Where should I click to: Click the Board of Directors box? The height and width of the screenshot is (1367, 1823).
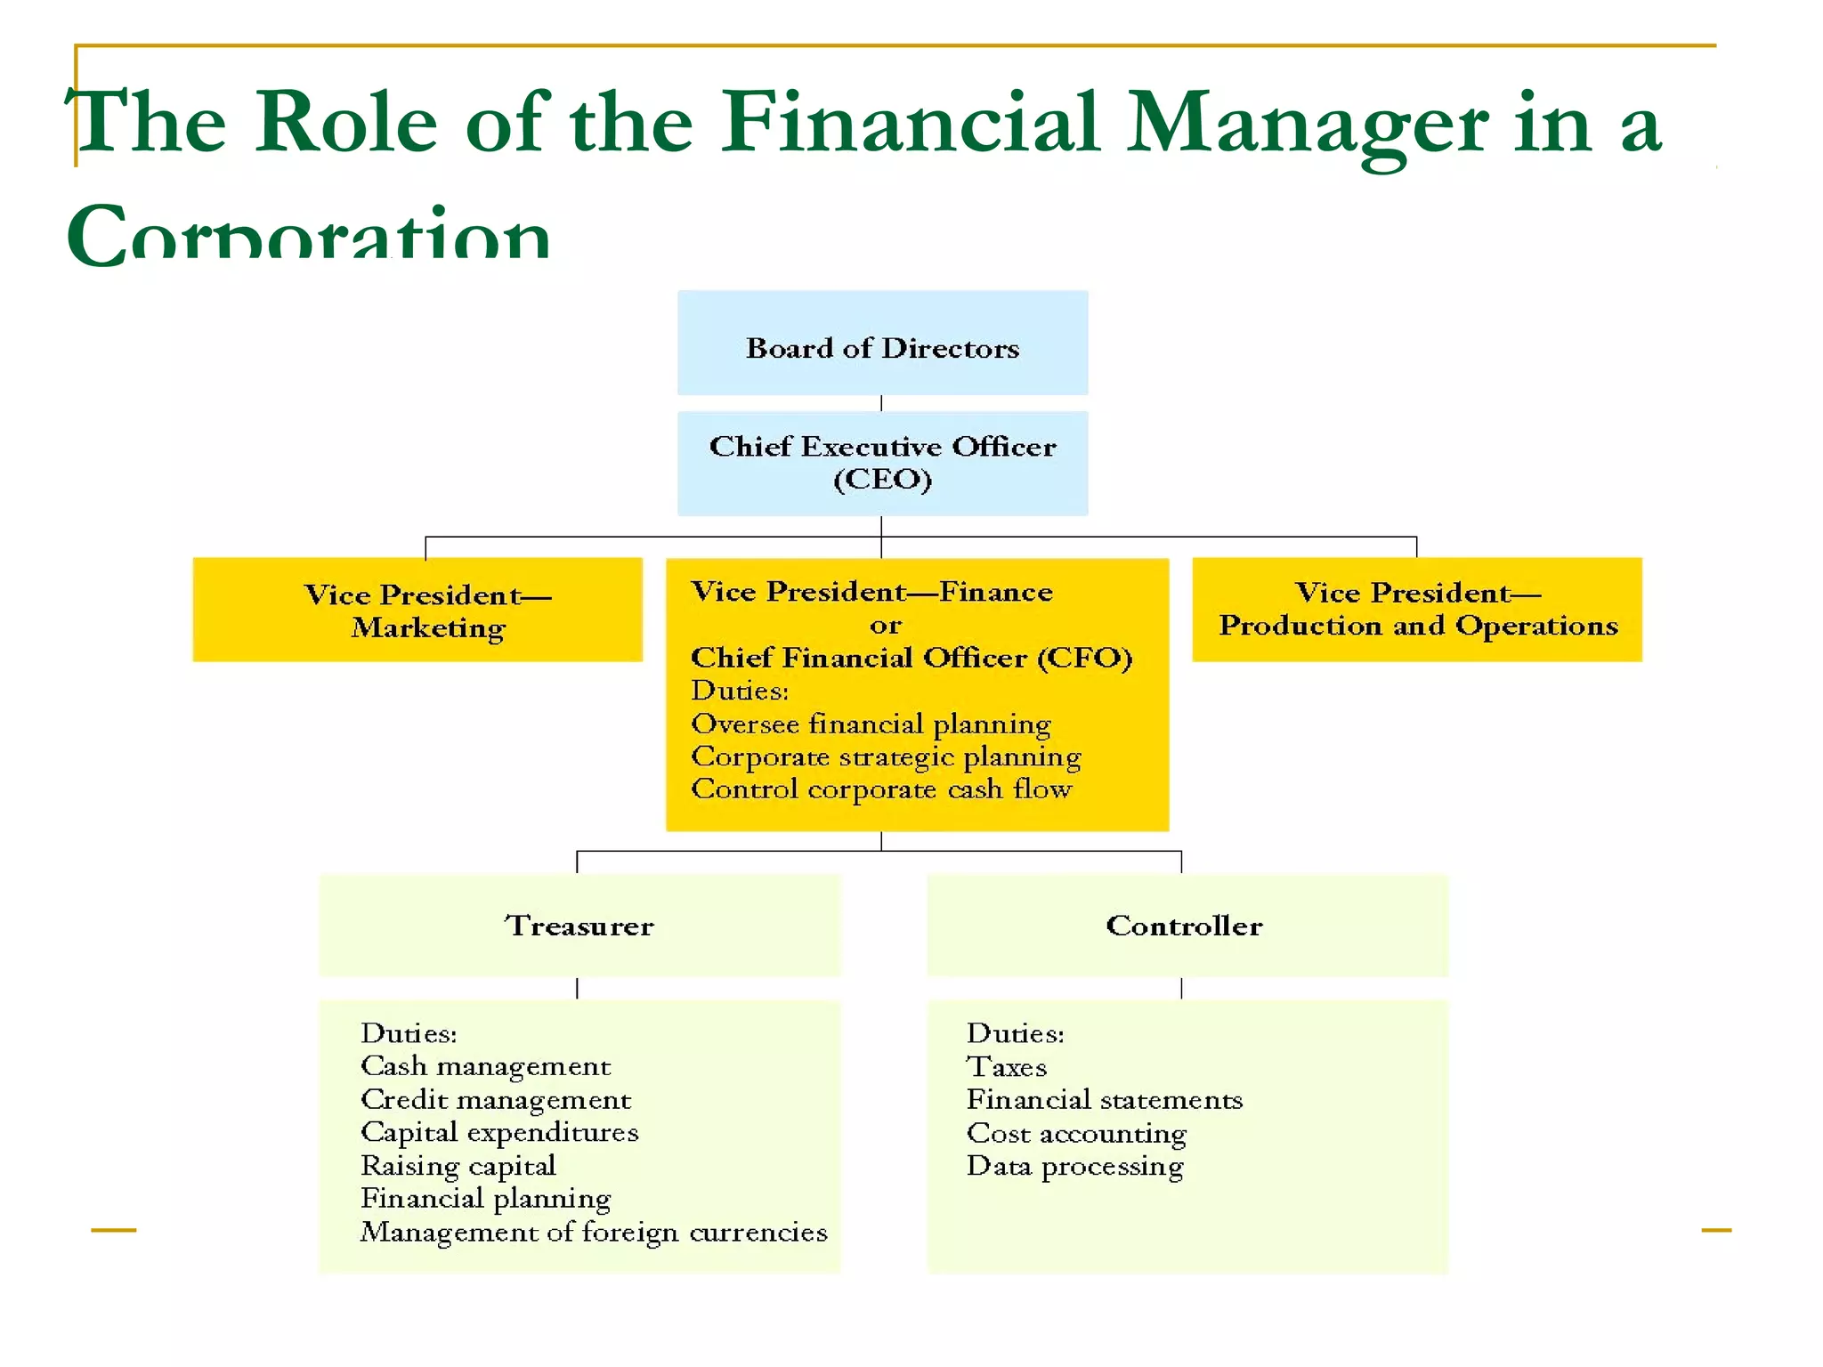[882, 344]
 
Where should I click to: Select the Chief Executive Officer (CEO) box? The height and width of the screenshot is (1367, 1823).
[882, 463]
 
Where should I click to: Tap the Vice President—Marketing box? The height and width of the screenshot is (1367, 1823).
[417, 611]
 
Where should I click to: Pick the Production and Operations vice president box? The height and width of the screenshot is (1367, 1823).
[1417, 611]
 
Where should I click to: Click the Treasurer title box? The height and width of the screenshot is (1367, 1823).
[579, 926]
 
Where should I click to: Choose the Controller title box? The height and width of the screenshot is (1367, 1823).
[1187, 926]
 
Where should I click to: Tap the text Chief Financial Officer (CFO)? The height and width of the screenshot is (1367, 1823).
[911, 658]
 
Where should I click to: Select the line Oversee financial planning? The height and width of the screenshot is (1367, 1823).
[871, 724]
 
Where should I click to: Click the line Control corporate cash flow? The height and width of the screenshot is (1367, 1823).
[881, 789]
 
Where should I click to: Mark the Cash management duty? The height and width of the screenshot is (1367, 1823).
[485, 1066]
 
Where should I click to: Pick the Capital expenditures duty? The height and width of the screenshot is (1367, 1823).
[499, 1132]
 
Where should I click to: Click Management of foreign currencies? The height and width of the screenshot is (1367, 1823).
[594, 1232]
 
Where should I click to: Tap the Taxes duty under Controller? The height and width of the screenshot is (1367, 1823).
[1007, 1067]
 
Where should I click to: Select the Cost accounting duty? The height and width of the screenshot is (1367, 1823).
[1076, 1134]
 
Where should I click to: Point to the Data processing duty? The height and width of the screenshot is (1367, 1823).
[1075, 1167]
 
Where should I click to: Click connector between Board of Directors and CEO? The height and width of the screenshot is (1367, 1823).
[881, 403]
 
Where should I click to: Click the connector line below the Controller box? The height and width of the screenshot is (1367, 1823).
[1181, 988]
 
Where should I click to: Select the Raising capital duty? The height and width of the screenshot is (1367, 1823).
[458, 1166]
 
